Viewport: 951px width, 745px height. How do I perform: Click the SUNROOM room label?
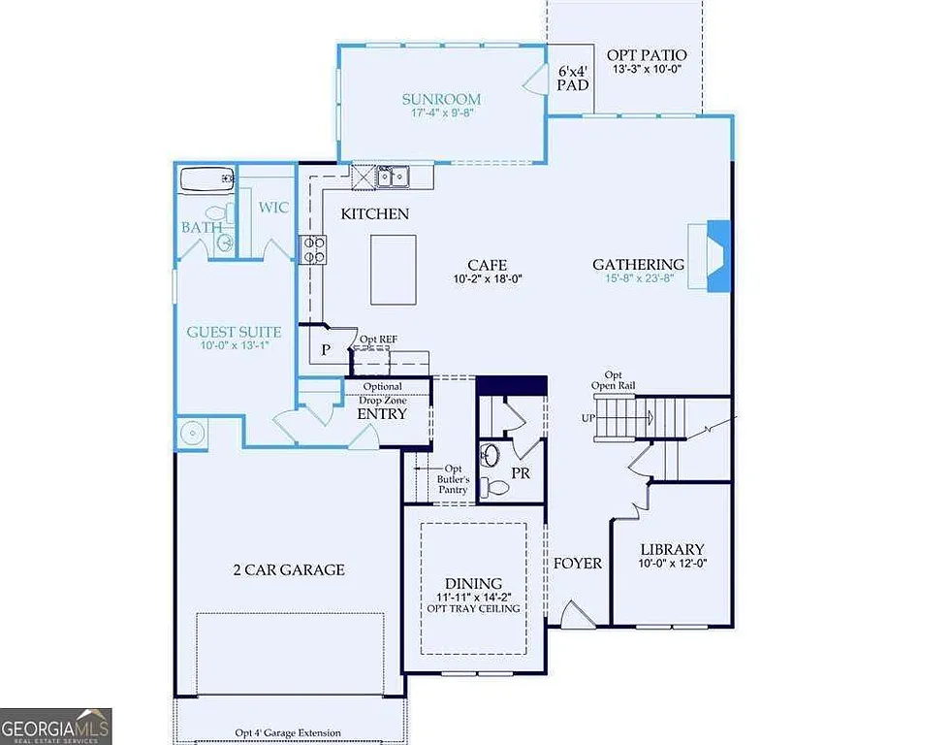tap(441, 99)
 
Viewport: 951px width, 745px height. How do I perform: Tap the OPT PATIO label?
tap(647, 55)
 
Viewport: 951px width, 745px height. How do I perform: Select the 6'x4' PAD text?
tap(572, 79)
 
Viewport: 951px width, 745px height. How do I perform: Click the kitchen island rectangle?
tap(393, 269)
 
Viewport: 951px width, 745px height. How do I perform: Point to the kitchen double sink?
tap(392, 177)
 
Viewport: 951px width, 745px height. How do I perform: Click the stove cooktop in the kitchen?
tap(313, 250)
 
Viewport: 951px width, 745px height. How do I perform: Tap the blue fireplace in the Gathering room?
tap(718, 255)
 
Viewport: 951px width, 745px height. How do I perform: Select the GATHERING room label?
tap(638, 264)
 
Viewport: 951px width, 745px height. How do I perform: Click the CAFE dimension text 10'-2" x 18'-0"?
tap(487, 280)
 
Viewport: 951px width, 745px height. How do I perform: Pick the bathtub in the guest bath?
tap(206, 178)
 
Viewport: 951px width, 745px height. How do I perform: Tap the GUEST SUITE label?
tap(234, 332)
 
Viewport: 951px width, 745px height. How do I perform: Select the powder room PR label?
tap(520, 472)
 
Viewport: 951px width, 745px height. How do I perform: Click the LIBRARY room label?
tap(671, 549)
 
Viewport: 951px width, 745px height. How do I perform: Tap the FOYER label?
tap(578, 563)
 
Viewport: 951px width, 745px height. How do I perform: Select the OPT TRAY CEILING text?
tap(473, 608)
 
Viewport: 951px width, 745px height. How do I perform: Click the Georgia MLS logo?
tap(56, 726)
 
